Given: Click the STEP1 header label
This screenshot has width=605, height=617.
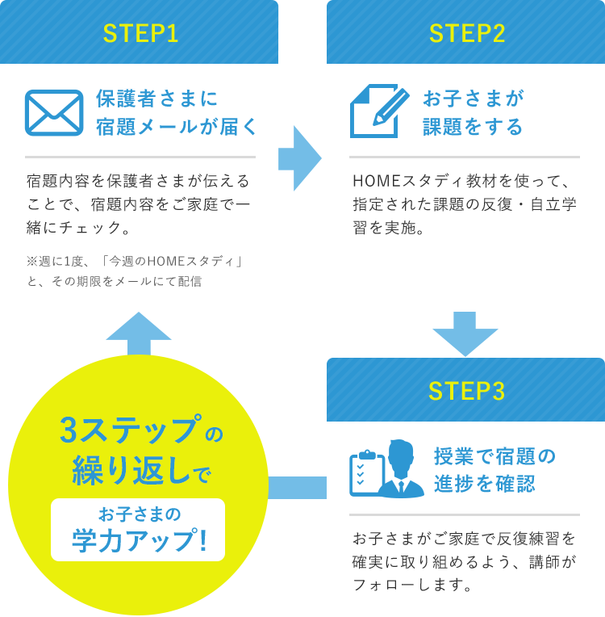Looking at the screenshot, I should click(x=140, y=33).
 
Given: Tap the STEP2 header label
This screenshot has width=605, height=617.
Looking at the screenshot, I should click(x=467, y=33).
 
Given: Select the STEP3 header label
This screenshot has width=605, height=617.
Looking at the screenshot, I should click(x=467, y=391).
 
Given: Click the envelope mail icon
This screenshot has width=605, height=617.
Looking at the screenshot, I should click(x=54, y=112).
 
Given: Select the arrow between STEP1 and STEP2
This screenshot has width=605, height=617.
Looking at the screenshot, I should click(x=302, y=157).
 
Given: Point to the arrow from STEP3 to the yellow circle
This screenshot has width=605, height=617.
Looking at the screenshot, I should click(x=296, y=487).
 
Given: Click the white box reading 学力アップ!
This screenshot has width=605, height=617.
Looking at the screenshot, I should click(x=138, y=530).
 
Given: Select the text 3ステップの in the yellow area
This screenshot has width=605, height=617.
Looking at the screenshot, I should click(x=141, y=431).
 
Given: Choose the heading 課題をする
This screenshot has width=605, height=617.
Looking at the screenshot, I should click(x=473, y=127).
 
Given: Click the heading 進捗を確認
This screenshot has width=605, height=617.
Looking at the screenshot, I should click(x=484, y=484).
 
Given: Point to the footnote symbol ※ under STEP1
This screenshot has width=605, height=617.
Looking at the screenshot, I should click(x=31, y=262).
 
